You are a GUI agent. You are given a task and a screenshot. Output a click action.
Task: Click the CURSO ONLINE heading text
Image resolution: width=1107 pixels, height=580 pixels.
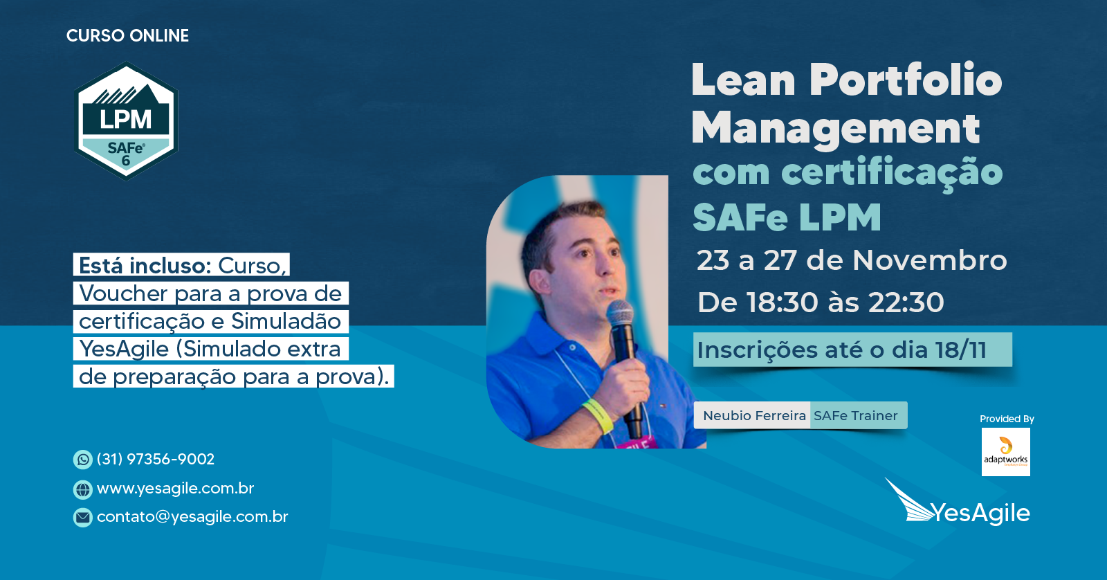coord(127,35)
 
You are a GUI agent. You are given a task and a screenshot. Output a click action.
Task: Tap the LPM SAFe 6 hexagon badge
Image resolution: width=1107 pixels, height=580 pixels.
coord(126,120)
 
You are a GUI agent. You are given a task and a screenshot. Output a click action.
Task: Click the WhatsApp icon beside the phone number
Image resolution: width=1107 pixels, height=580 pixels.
coord(82,460)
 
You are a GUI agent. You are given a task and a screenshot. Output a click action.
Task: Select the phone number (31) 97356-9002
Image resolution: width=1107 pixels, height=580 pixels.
coord(156,459)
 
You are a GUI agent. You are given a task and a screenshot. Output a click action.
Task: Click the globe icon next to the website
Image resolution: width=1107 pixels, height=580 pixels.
coord(82,489)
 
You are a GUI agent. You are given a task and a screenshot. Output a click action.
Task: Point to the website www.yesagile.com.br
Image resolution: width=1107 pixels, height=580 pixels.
coord(176,489)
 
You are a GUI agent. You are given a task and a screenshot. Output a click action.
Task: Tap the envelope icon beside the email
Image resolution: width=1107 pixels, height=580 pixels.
coord(82,517)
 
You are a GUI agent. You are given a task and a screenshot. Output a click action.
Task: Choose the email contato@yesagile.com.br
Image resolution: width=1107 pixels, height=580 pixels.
coord(192,516)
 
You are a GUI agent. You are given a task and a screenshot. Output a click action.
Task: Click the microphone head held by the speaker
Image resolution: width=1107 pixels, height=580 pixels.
coord(620,313)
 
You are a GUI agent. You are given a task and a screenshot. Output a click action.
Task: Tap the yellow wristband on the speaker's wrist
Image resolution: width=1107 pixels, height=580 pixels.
coord(598,415)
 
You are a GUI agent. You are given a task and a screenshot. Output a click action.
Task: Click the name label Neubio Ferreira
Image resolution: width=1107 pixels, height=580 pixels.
coord(754,415)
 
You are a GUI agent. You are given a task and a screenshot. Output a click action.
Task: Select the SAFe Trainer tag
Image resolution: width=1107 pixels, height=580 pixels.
coord(856,415)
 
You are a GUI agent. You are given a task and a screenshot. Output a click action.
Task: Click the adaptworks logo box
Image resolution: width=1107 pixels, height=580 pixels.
coord(1006,452)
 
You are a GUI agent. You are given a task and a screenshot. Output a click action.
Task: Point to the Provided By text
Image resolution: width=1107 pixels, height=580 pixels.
coord(1007,419)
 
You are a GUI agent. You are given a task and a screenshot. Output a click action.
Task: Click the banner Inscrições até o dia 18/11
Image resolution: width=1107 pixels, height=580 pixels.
coord(852,350)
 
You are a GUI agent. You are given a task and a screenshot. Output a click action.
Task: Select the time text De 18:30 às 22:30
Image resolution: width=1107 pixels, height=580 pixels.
coord(821,302)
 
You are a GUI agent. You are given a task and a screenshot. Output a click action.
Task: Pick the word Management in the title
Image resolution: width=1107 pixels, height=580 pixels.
coord(836,129)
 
